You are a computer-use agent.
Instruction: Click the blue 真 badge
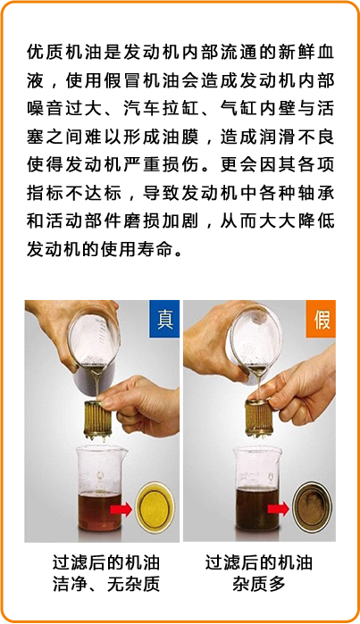[x=164, y=320]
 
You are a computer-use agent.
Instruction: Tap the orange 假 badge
[x=321, y=320]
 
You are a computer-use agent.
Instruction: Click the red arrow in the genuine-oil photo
[x=121, y=509]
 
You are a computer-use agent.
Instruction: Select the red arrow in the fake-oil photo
[x=278, y=509]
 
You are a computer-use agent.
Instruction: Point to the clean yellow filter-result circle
[x=155, y=507]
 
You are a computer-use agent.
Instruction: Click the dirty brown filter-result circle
[x=313, y=507]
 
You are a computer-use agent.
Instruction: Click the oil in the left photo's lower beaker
[x=100, y=512]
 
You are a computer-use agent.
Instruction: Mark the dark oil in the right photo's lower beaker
[x=257, y=510]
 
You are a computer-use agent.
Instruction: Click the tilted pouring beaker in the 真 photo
[x=93, y=346]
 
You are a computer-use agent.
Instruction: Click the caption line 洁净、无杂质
[x=106, y=584]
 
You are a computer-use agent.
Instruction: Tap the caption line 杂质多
[x=259, y=584]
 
